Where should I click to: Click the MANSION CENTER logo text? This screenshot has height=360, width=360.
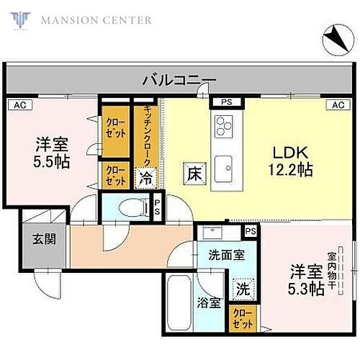(x=96, y=19)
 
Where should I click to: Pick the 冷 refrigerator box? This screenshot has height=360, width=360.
(x=146, y=176)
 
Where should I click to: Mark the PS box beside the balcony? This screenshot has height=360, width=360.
(x=226, y=103)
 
